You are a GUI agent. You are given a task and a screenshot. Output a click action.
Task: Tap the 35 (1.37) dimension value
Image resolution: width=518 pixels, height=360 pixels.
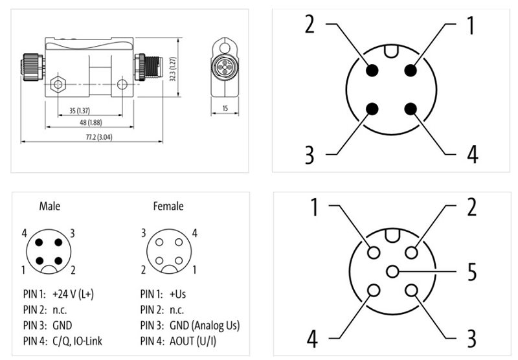coord(78,111)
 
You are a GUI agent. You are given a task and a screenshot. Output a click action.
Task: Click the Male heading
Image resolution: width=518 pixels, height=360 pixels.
coord(50,207)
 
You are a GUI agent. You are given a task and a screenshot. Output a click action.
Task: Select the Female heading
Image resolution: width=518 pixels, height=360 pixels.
coord(168,207)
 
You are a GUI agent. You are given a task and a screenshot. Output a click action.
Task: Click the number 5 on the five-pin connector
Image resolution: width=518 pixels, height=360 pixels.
coord(473,271)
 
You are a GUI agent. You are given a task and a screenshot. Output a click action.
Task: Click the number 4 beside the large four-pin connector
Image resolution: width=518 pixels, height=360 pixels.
coord(472,155)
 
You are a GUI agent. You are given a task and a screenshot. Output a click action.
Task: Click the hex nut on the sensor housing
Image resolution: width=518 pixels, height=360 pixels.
coord(58,84)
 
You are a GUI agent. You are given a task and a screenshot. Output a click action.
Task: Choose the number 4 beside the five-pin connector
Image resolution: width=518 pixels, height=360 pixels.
coord(313,337)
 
